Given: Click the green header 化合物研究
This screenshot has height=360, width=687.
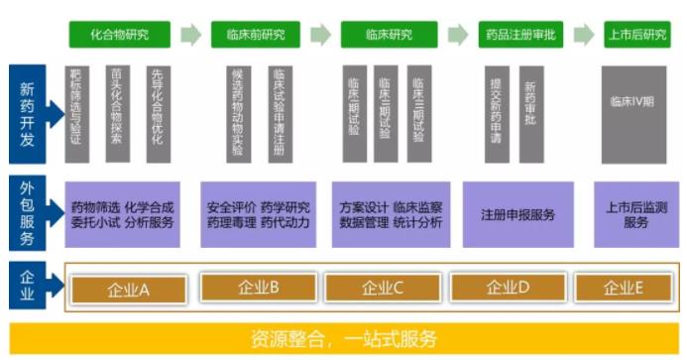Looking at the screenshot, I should (119, 35).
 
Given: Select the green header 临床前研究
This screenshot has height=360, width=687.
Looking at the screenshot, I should (248, 35).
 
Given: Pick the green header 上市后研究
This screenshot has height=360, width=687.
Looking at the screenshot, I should (635, 35).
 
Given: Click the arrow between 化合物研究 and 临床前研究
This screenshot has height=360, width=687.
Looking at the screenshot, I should (190, 35).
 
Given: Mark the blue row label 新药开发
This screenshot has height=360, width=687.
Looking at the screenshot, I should (27, 114).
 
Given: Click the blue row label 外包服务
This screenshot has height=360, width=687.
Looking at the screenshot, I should (27, 213).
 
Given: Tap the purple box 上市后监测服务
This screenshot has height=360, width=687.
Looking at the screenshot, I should (635, 214).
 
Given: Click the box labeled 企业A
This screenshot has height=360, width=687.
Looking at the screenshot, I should (128, 289).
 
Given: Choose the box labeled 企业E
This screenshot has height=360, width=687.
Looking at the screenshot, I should (624, 289).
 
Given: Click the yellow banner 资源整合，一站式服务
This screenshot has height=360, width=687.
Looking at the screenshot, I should (343, 338).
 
